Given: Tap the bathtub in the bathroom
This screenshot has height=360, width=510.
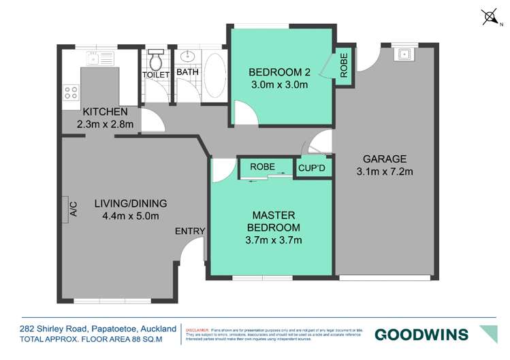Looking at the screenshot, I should [x=212, y=75].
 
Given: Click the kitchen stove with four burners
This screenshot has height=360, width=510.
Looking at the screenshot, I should [x=70, y=92].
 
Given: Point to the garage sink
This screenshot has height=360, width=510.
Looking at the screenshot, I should [x=406, y=52].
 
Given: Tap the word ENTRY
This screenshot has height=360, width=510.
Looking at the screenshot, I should [x=189, y=231].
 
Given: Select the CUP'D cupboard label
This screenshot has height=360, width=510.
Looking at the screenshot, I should [x=313, y=167].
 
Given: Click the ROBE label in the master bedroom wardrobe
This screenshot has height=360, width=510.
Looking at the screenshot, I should [x=262, y=166].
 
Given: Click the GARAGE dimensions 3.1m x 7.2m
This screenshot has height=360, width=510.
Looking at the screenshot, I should [x=385, y=171].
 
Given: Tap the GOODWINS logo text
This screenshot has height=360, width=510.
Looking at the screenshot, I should [x=421, y=334].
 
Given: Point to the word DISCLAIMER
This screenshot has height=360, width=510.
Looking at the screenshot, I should [x=198, y=328].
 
